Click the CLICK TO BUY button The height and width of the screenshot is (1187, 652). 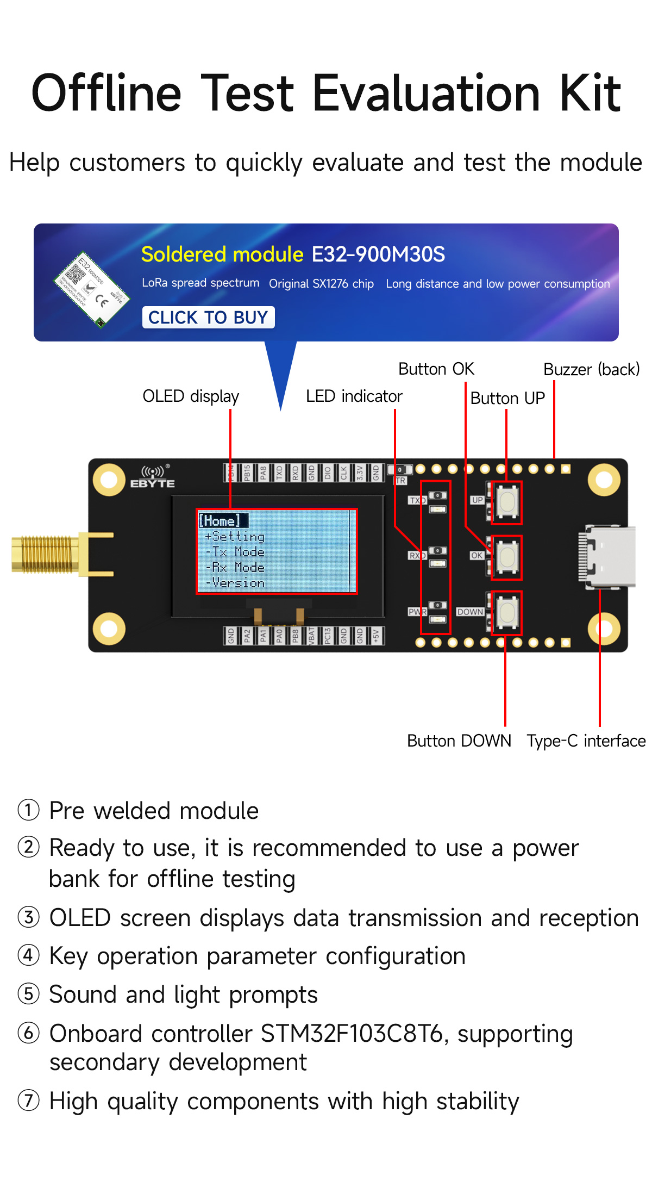208,318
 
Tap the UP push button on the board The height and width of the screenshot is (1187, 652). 507,502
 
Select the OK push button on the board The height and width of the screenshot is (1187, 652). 507,557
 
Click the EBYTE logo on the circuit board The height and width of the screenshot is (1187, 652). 153,477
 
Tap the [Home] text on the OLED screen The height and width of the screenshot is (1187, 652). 220,521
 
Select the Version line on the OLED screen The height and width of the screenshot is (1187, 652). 236,583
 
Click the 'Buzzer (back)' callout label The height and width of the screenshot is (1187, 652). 591,370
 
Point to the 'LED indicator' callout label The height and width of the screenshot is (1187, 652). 354,396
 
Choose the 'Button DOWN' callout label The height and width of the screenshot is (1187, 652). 459,741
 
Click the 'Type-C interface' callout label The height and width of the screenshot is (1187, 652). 586,741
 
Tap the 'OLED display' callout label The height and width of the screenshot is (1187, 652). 191,396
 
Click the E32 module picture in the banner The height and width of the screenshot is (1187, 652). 91,289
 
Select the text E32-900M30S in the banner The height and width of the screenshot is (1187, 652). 378,254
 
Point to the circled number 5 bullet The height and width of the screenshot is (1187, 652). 28,994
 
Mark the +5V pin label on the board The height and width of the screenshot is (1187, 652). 376,635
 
